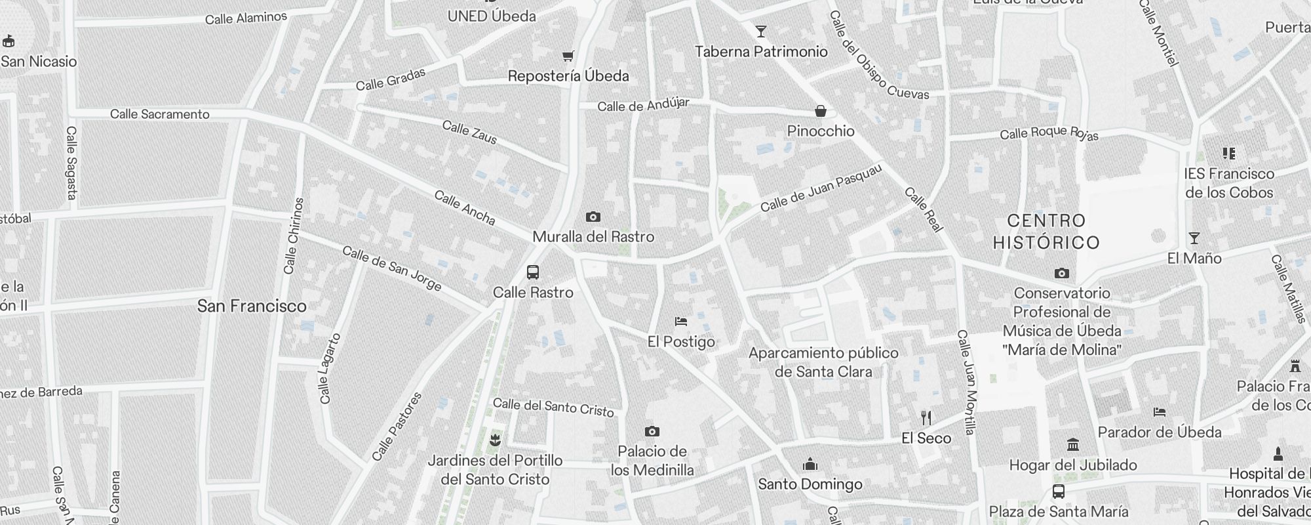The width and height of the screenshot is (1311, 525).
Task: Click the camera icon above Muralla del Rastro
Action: point(593,217)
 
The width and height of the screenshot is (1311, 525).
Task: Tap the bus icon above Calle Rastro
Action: point(533,272)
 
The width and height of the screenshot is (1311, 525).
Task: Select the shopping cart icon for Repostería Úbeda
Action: point(568,56)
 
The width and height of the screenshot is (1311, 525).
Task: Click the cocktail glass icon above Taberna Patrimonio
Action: point(760,31)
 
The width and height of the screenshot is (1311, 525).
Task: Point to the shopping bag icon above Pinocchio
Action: point(820,111)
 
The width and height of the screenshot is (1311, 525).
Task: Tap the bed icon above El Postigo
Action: point(681,322)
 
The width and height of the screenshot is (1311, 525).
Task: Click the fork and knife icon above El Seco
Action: point(926,417)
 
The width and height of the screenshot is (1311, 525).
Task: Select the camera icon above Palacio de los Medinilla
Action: point(652,431)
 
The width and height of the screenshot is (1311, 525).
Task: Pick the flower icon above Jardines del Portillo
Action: point(495,440)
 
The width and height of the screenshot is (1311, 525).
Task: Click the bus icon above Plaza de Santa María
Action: point(1058,492)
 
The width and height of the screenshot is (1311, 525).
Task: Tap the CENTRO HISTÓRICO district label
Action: point(1046,232)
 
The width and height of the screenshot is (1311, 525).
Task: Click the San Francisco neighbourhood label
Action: point(252,306)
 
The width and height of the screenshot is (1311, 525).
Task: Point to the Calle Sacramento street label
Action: point(160,114)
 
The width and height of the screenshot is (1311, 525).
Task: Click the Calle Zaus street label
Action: point(469,132)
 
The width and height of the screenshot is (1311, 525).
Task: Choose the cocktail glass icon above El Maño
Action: point(1194,238)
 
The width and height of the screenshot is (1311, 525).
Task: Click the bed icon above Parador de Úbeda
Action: point(1159,412)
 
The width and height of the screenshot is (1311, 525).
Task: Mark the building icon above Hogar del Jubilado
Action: point(1073,445)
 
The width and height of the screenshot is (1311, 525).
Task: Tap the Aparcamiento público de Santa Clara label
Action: point(823,362)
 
